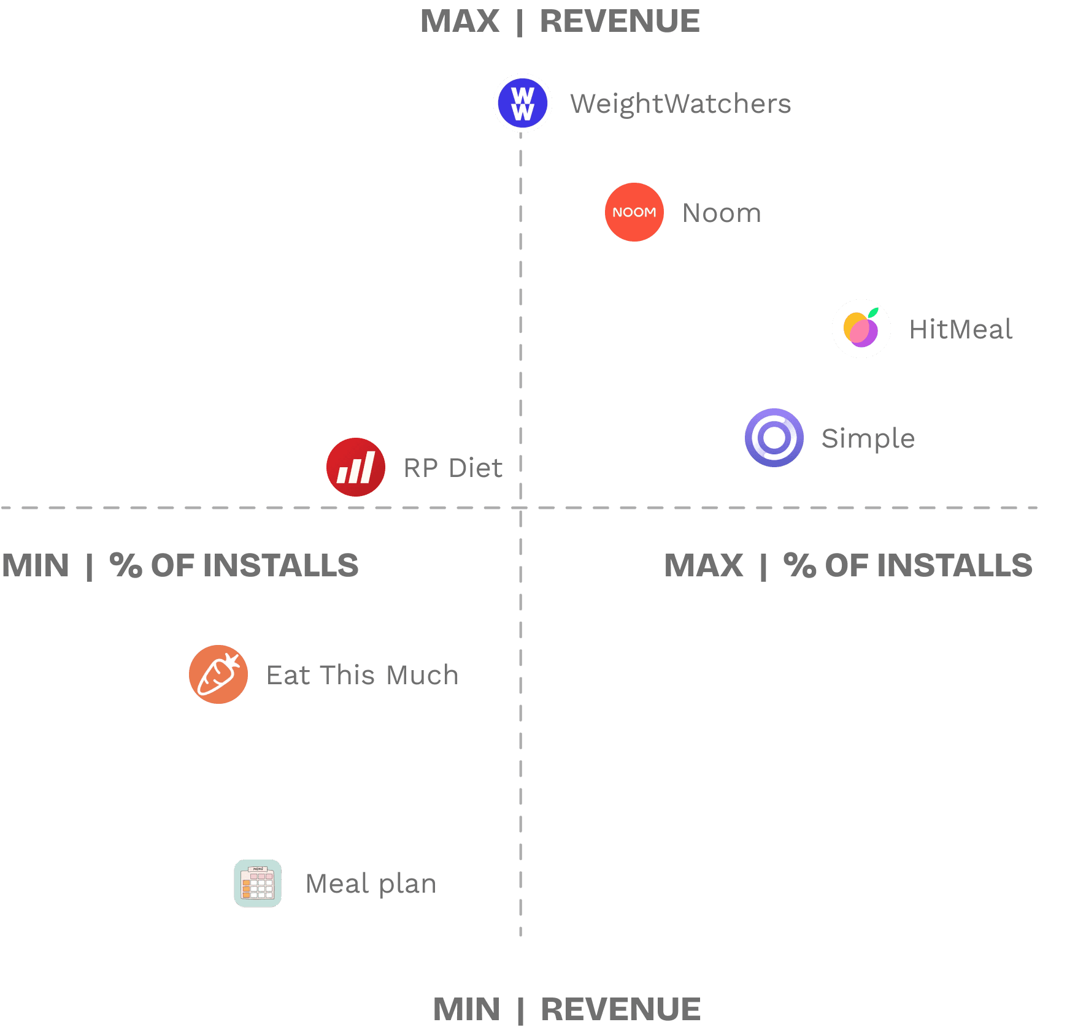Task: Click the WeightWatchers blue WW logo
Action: coord(523,103)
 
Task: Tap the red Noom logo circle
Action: coord(634,212)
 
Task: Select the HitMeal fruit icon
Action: coord(861,329)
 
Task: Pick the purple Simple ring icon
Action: coord(774,438)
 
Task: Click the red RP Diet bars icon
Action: coord(356,467)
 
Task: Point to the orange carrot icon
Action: coord(218,674)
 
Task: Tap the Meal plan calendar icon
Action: coord(258,883)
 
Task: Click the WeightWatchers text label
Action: coord(680,104)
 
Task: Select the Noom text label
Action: coord(722,213)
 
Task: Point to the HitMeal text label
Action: coord(960,329)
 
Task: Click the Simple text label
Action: coord(868,438)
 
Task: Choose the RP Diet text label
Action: coord(453,468)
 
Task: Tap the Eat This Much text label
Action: coord(362,675)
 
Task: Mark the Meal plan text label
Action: coord(371,883)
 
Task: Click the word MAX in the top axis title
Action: coord(460,21)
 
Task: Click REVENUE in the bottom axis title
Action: coord(620,1009)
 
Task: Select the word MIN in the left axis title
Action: coord(36,565)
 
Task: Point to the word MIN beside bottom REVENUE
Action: coord(466,1009)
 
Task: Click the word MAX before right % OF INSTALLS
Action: coord(703,565)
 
